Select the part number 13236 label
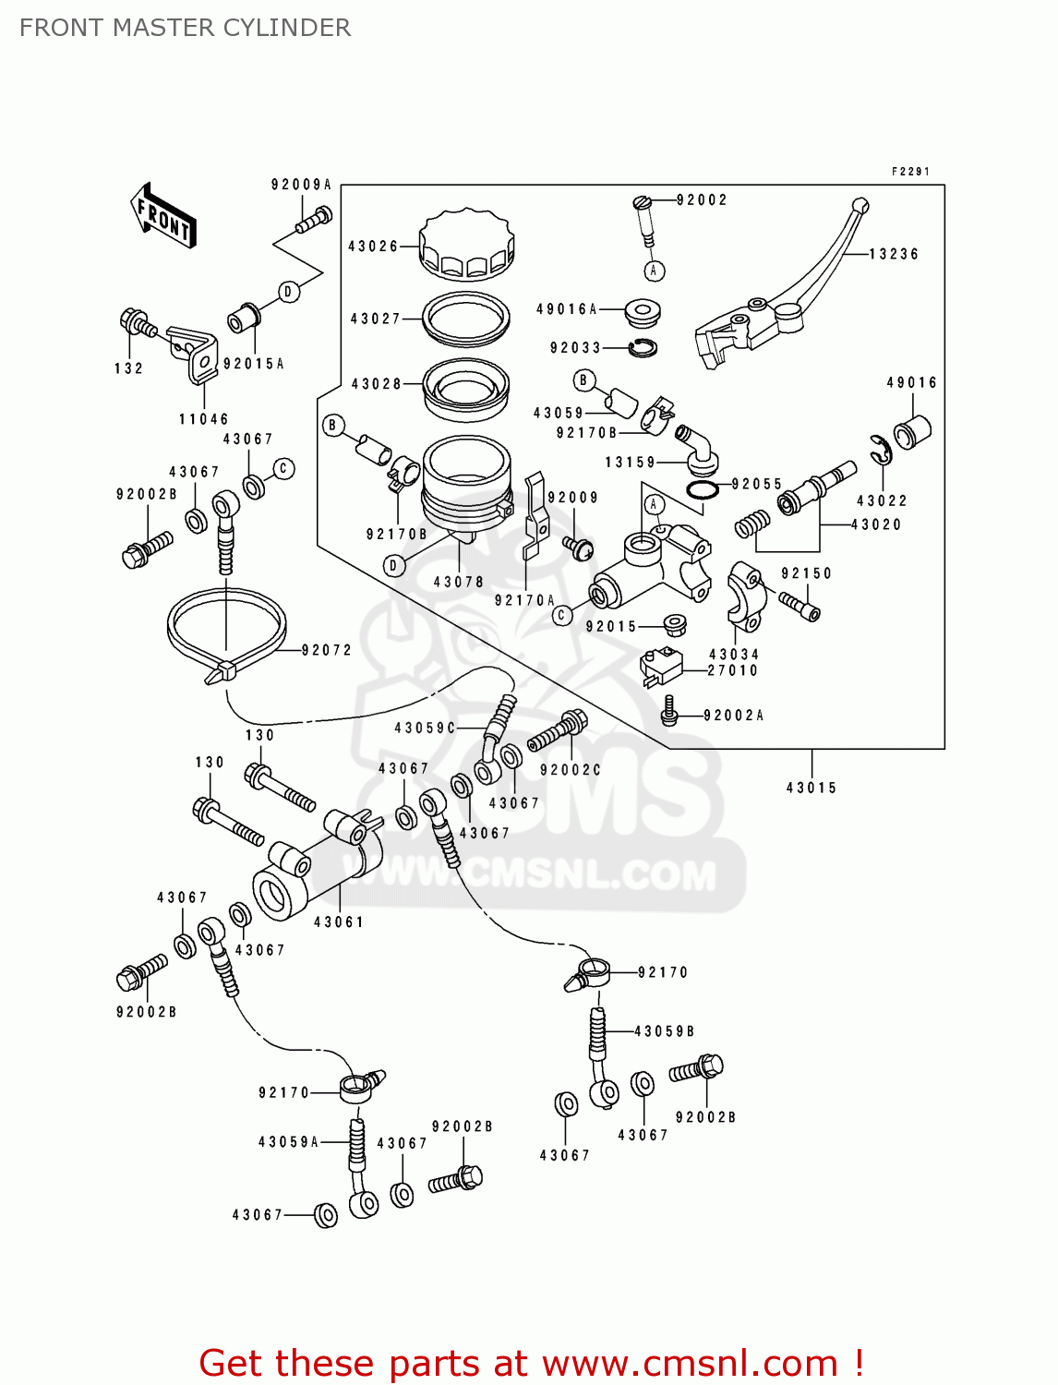pyautogui.click(x=893, y=254)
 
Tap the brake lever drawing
pyautogui.click(x=785, y=295)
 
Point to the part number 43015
pyautogui.click(x=812, y=788)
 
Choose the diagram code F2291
pyautogui.click(x=910, y=172)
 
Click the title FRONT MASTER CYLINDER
pyautogui.click(x=185, y=28)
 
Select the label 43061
pyautogui.click(x=339, y=921)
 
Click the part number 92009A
pyautogui.click(x=301, y=185)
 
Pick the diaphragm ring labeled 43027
pyautogui.click(x=466, y=317)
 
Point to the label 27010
pyautogui.click(x=732, y=670)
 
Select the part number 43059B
pyautogui.click(x=664, y=1031)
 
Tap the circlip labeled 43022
pyautogui.click(x=880, y=450)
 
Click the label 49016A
pyautogui.click(x=567, y=309)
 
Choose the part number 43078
pyautogui.click(x=459, y=582)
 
